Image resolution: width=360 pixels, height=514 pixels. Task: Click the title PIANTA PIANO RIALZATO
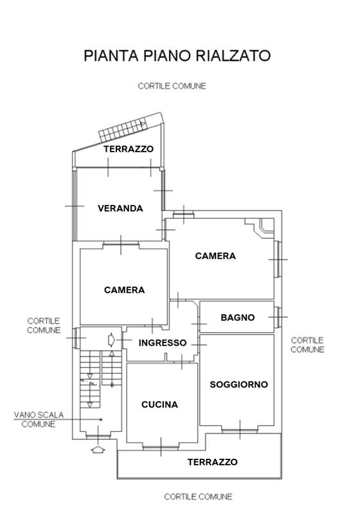pyautogui.click(x=177, y=55)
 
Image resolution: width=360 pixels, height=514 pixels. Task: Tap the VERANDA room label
pyautogui.click(x=120, y=208)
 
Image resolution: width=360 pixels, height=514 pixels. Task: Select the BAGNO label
pyautogui.click(x=237, y=317)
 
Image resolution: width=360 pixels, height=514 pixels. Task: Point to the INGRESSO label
pyautogui.click(x=163, y=342)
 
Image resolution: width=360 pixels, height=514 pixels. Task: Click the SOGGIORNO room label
pyautogui.click(x=239, y=384)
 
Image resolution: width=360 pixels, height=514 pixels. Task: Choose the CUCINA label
pyautogui.click(x=159, y=405)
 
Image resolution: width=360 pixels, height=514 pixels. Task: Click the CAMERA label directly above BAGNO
pyautogui.click(x=215, y=256)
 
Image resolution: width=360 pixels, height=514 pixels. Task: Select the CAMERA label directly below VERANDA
pyautogui.click(x=124, y=290)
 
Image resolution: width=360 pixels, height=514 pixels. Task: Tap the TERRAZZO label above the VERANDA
pyautogui.click(x=129, y=148)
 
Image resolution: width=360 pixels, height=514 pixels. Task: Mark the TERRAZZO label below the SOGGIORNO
pyautogui.click(x=212, y=462)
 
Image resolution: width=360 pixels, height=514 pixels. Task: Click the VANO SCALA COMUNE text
pyautogui.click(x=39, y=420)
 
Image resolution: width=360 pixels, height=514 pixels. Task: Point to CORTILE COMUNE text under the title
pyautogui.click(x=172, y=86)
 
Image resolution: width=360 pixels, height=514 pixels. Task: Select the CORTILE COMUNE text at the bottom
pyautogui.click(x=198, y=497)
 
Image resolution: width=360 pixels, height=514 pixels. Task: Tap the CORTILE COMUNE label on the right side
pyautogui.click(x=307, y=345)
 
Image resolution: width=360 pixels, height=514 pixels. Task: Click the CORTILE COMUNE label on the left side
pyautogui.click(x=44, y=325)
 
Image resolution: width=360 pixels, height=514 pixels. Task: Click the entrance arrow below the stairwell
pyautogui.click(x=98, y=450)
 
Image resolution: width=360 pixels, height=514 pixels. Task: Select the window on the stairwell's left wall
pyautogui.click(x=75, y=336)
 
